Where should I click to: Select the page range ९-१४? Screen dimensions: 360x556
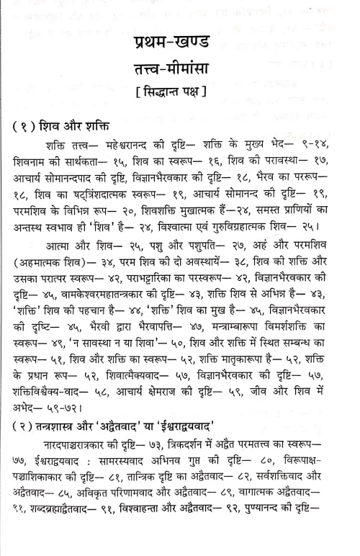321,153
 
